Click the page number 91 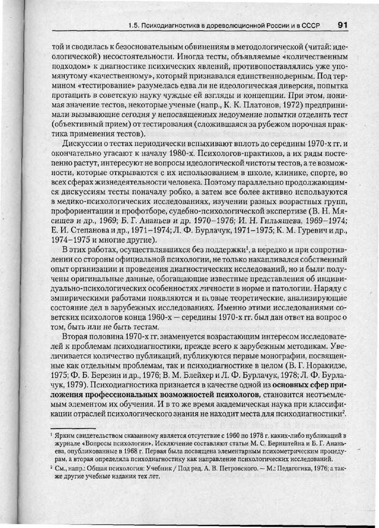342,25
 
